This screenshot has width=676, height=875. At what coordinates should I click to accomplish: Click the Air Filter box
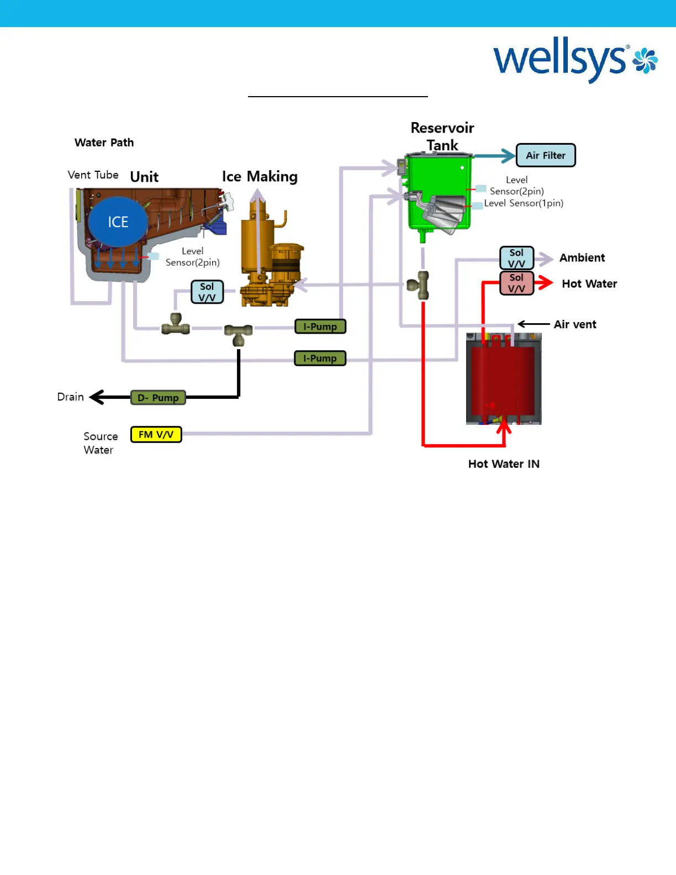point(546,155)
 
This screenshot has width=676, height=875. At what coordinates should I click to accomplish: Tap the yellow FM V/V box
point(156,435)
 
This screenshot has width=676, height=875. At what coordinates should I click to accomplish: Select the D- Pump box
point(158,398)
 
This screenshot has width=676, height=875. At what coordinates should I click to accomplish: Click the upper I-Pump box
point(320,326)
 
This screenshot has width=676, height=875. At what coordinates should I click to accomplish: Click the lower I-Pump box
point(320,359)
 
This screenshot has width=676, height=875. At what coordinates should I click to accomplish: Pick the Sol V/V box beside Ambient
point(516,258)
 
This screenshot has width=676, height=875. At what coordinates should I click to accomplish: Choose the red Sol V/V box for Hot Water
point(516,283)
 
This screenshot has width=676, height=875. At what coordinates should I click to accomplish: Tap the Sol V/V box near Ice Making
point(207,292)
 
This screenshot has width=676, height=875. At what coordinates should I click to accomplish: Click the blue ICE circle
point(118,222)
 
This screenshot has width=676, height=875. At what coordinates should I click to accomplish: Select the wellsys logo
point(574,61)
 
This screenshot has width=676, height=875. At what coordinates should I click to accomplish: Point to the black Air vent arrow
point(534,324)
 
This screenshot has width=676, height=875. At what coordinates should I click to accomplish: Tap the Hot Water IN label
point(504,464)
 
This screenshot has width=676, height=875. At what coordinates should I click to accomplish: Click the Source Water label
point(100,443)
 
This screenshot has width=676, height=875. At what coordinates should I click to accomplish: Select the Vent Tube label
point(93,175)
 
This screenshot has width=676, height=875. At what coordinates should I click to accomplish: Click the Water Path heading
point(104,143)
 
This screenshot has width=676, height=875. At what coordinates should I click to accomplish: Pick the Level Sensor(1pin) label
point(524,203)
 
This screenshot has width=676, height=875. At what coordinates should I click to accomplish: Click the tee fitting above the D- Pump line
point(239,333)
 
